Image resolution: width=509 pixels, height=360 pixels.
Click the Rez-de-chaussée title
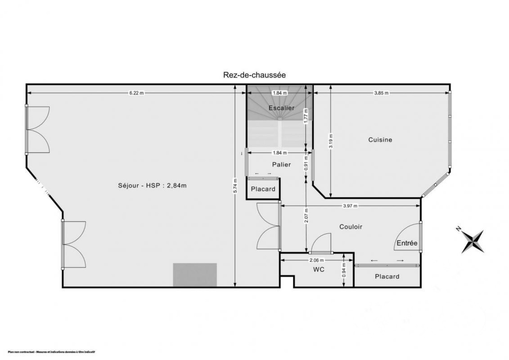[254, 75]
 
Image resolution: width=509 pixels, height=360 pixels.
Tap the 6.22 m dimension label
[136, 93]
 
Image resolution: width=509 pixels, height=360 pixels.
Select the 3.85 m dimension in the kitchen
[381, 93]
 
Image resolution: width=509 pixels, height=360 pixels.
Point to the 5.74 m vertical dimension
[235, 186]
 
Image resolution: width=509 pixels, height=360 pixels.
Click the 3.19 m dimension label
[331, 141]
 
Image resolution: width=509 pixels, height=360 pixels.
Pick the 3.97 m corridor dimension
[350, 206]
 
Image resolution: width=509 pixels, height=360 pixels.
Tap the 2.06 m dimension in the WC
[317, 260]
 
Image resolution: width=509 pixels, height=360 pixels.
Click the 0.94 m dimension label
[344, 270]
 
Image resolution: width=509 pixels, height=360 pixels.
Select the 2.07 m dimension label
[306, 215]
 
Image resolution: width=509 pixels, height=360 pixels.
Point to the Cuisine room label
[380, 140]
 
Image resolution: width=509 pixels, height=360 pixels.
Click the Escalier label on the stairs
[282, 108]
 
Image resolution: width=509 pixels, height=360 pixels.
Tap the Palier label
[282, 165]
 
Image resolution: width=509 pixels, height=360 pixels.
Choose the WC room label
[319, 270]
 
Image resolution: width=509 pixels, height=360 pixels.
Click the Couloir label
[351, 227]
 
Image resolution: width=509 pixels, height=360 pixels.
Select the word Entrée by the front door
[407, 243]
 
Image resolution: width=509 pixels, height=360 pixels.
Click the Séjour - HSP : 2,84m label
[152, 186]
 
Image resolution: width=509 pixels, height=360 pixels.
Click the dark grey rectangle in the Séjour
[195, 275]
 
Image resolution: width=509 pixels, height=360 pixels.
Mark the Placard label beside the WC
[387, 277]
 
